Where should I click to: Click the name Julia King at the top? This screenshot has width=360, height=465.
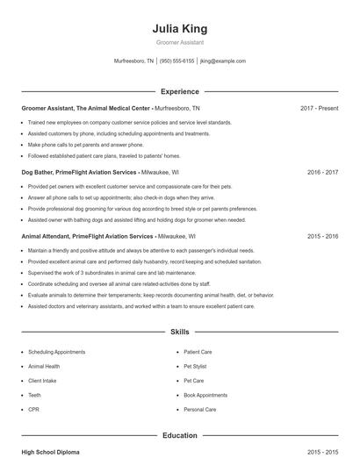pyautogui.click(x=179, y=29)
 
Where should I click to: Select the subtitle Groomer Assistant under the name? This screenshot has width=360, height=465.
pyautogui.click(x=179, y=43)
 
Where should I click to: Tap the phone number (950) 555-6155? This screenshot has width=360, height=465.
pyautogui.click(x=176, y=61)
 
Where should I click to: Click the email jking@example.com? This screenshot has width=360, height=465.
pyautogui.click(x=223, y=61)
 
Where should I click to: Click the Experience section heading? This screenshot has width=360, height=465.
pyautogui.click(x=179, y=91)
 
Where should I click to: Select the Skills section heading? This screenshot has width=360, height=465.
pyautogui.click(x=179, y=333)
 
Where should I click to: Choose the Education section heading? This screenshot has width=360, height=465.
pyautogui.click(x=179, y=435)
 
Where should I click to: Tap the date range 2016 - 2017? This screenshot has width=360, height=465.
pyautogui.click(x=322, y=173)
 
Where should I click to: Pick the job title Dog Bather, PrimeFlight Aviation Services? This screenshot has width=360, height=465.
pyautogui.click(x=79, y=173)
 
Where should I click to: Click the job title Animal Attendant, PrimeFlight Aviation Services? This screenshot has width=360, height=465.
pyautogui.click(x=87, y=237)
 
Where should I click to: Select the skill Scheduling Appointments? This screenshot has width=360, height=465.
pyautogui.click(x=57, y=352)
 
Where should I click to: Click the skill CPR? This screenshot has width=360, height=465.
pyautogui.click(x=33, y=409)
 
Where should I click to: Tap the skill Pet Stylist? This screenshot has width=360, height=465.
pyautogui.click(x=196, y=366)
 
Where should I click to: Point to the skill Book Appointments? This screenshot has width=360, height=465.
pyautogui.click(x=205, y=395)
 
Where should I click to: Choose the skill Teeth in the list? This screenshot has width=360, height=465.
pyautogui.click(x=35, y=395)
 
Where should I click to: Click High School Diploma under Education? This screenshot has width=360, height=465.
pyautogui.click(x=50, y=452)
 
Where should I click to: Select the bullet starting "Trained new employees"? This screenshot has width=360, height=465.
pyautogui.click(x=129, y=123)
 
